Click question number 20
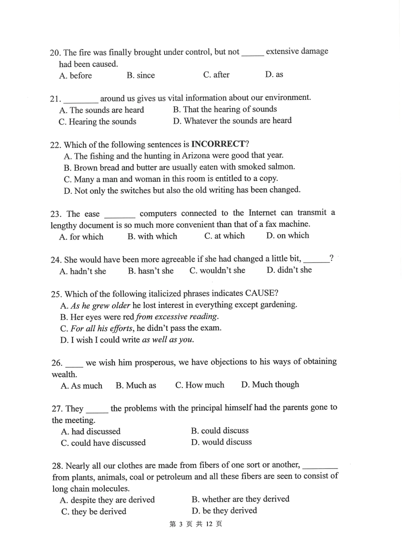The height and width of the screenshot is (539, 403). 55,53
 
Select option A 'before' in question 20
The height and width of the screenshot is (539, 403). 76,76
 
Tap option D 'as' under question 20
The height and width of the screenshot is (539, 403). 274,74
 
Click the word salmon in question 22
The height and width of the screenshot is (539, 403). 281,166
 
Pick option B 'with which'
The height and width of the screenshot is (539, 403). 152,236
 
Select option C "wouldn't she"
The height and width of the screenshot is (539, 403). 217,271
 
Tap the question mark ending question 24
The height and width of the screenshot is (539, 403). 331,258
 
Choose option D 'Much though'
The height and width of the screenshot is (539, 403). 270,384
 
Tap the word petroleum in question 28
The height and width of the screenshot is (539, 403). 175,476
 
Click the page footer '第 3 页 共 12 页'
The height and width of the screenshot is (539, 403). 196,524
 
